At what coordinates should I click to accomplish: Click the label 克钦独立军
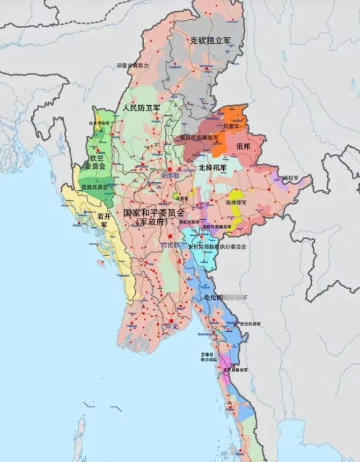[x=210, y=40]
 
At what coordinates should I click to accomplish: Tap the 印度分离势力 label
[x=133, y=65]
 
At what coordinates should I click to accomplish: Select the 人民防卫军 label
[x=141, y=108]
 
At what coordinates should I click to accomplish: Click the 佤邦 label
[x=243, y=146]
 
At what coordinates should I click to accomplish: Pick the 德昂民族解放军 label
[x=199, y=138]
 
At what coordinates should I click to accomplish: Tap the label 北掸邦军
[x=212, y=167]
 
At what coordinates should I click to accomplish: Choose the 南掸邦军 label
[x=236, y=203]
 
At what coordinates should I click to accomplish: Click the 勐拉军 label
[x=290, y=177]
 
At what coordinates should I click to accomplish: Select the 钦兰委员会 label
[x=98, y=162]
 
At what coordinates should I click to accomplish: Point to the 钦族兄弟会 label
[x=94, y=187]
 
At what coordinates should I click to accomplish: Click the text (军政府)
[x=152, y=221]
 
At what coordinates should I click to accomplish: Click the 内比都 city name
[x=171, y=244]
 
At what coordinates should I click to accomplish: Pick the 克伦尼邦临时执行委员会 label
[x=217, y=247]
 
